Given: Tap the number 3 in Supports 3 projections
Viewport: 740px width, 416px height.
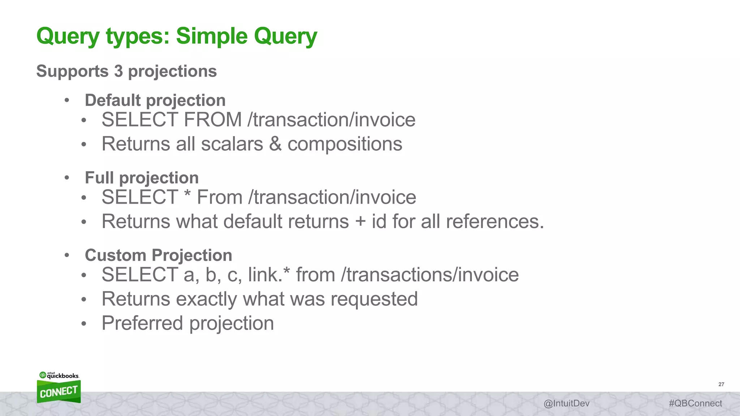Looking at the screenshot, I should click(x=119, y=71).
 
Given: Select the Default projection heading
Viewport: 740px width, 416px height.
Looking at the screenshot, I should click(x=155, y=100).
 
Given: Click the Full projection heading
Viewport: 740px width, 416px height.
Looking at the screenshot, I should click(x=142, y=178).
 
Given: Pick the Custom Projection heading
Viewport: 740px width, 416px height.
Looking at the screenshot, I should click(x=158, y=255).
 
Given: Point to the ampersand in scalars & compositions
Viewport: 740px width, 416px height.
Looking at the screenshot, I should click(x=275, y=144).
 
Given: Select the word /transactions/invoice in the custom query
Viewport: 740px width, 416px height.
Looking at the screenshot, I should click(x=430, y=275).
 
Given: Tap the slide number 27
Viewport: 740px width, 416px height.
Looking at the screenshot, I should click(x=721, y=384).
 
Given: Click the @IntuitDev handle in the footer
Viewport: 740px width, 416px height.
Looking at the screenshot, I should click(x=566, y=403).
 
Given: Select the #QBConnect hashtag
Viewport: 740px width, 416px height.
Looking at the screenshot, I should click(x=695, y=403).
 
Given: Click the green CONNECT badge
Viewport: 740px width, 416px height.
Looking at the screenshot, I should click(x=59, y=392).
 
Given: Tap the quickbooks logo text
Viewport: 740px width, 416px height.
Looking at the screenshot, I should click(x=63, y=376).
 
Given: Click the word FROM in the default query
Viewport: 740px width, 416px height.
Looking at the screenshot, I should click(x=212, y=120).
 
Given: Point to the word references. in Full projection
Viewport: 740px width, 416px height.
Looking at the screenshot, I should click(x=495, y=222).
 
